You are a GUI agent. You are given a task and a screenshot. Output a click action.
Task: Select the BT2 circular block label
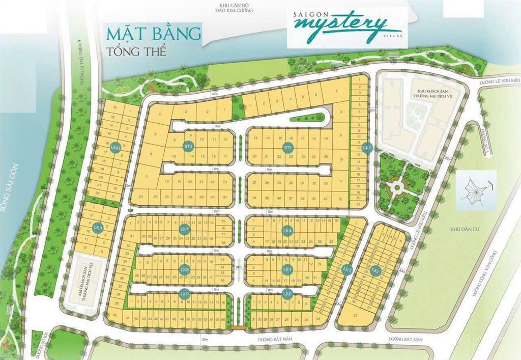click(189, 147)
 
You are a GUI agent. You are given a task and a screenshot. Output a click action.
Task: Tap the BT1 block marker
click(288, 148)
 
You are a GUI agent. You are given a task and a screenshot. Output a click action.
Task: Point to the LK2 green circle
click(367, 148)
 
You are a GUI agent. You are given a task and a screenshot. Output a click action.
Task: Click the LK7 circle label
click(184, 230)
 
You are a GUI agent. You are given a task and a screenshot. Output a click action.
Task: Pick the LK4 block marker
click(287, 230)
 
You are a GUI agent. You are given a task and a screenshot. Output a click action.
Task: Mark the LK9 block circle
click(184, 293)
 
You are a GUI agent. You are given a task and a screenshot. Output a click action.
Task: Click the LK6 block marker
click(287, 293)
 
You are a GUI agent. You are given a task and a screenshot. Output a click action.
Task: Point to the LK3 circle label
click(348, 269)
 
